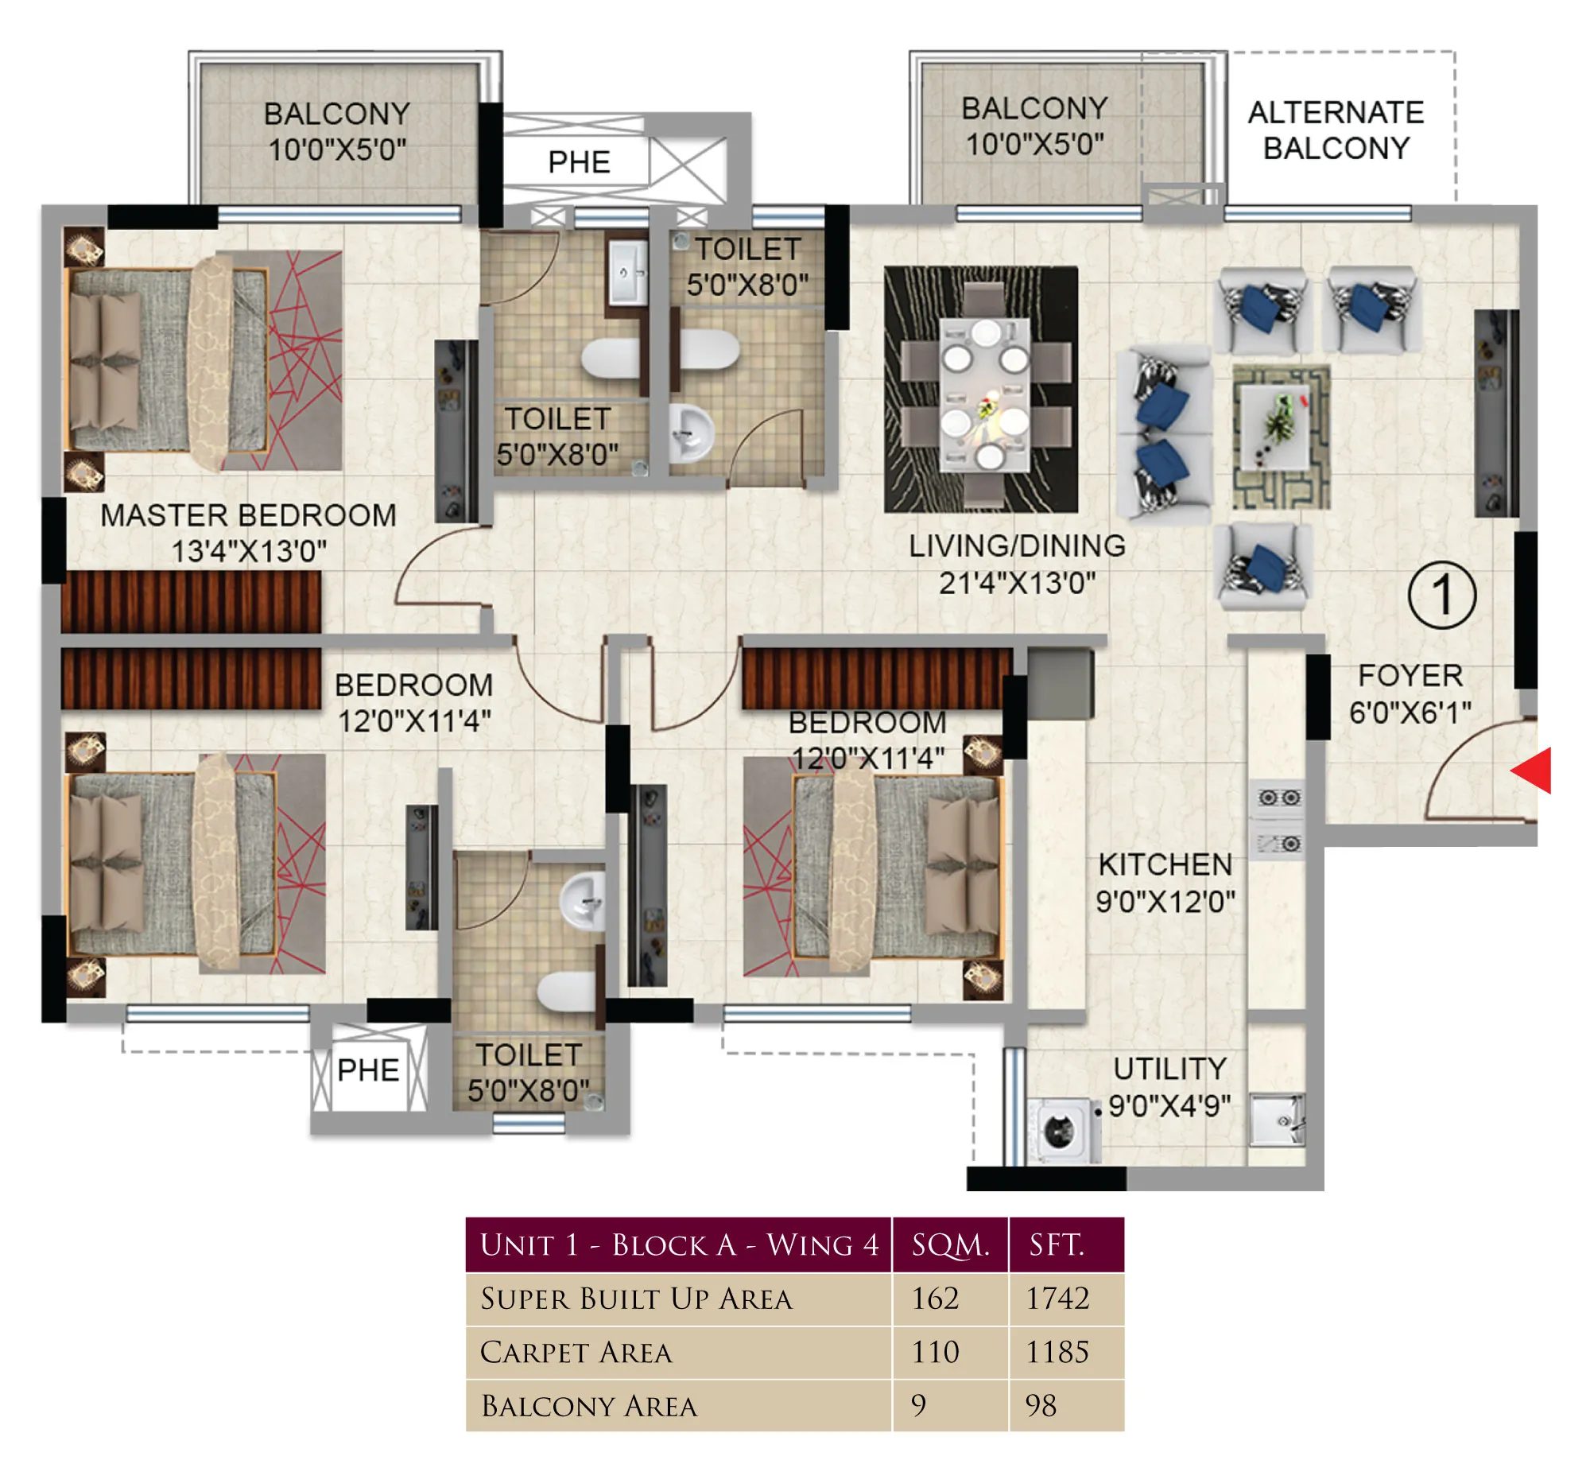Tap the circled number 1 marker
click(x=1441, y=595)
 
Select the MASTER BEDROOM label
click(x=248, y=515)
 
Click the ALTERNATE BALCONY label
click(x=1336, y=130)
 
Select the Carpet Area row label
click(x=576, y=1353)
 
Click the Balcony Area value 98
click(x=1041, y=1406)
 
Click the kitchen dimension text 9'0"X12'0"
click(x=1165, y=902)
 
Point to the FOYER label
click(x=1410, y=676)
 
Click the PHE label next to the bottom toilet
click(x=367, y=1070)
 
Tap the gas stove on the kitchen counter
click(x=1278, y=819)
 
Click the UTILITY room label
click(x=1169, y=1069)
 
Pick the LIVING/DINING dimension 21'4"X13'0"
click(x=1017, y=583)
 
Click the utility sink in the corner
click(x=1276, y=1120)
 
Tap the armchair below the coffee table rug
click(x=1264, y=566)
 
